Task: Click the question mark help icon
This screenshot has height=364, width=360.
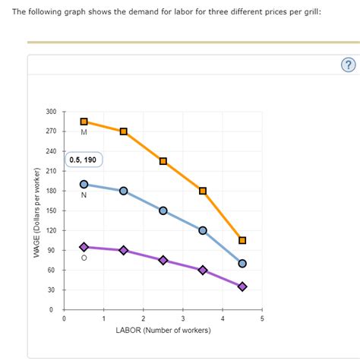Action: coord(348,65)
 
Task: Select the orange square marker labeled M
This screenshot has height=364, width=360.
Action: coord(84,122)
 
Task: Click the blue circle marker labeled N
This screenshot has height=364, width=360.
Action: coord(84,184)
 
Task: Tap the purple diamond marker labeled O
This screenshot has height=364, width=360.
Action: coord(84,247)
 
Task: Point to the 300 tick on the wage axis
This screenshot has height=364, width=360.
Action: coord(51,112)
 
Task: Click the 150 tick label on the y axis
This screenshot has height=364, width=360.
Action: coord(51,211)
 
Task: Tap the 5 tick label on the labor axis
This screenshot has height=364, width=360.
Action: coord(262,318)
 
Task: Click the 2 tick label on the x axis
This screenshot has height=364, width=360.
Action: coord(143,318)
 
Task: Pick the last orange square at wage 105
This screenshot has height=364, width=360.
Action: coord(242,240)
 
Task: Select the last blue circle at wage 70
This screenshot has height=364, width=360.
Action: coord(242,264)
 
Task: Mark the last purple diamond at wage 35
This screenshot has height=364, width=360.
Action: coord(242,286)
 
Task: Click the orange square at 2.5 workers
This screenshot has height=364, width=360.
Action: coord(163,161)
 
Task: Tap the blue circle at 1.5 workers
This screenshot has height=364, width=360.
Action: coord(123,191)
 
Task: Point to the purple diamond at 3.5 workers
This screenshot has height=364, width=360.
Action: coord(203,270)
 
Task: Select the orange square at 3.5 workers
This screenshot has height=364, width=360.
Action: coord(203,191)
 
